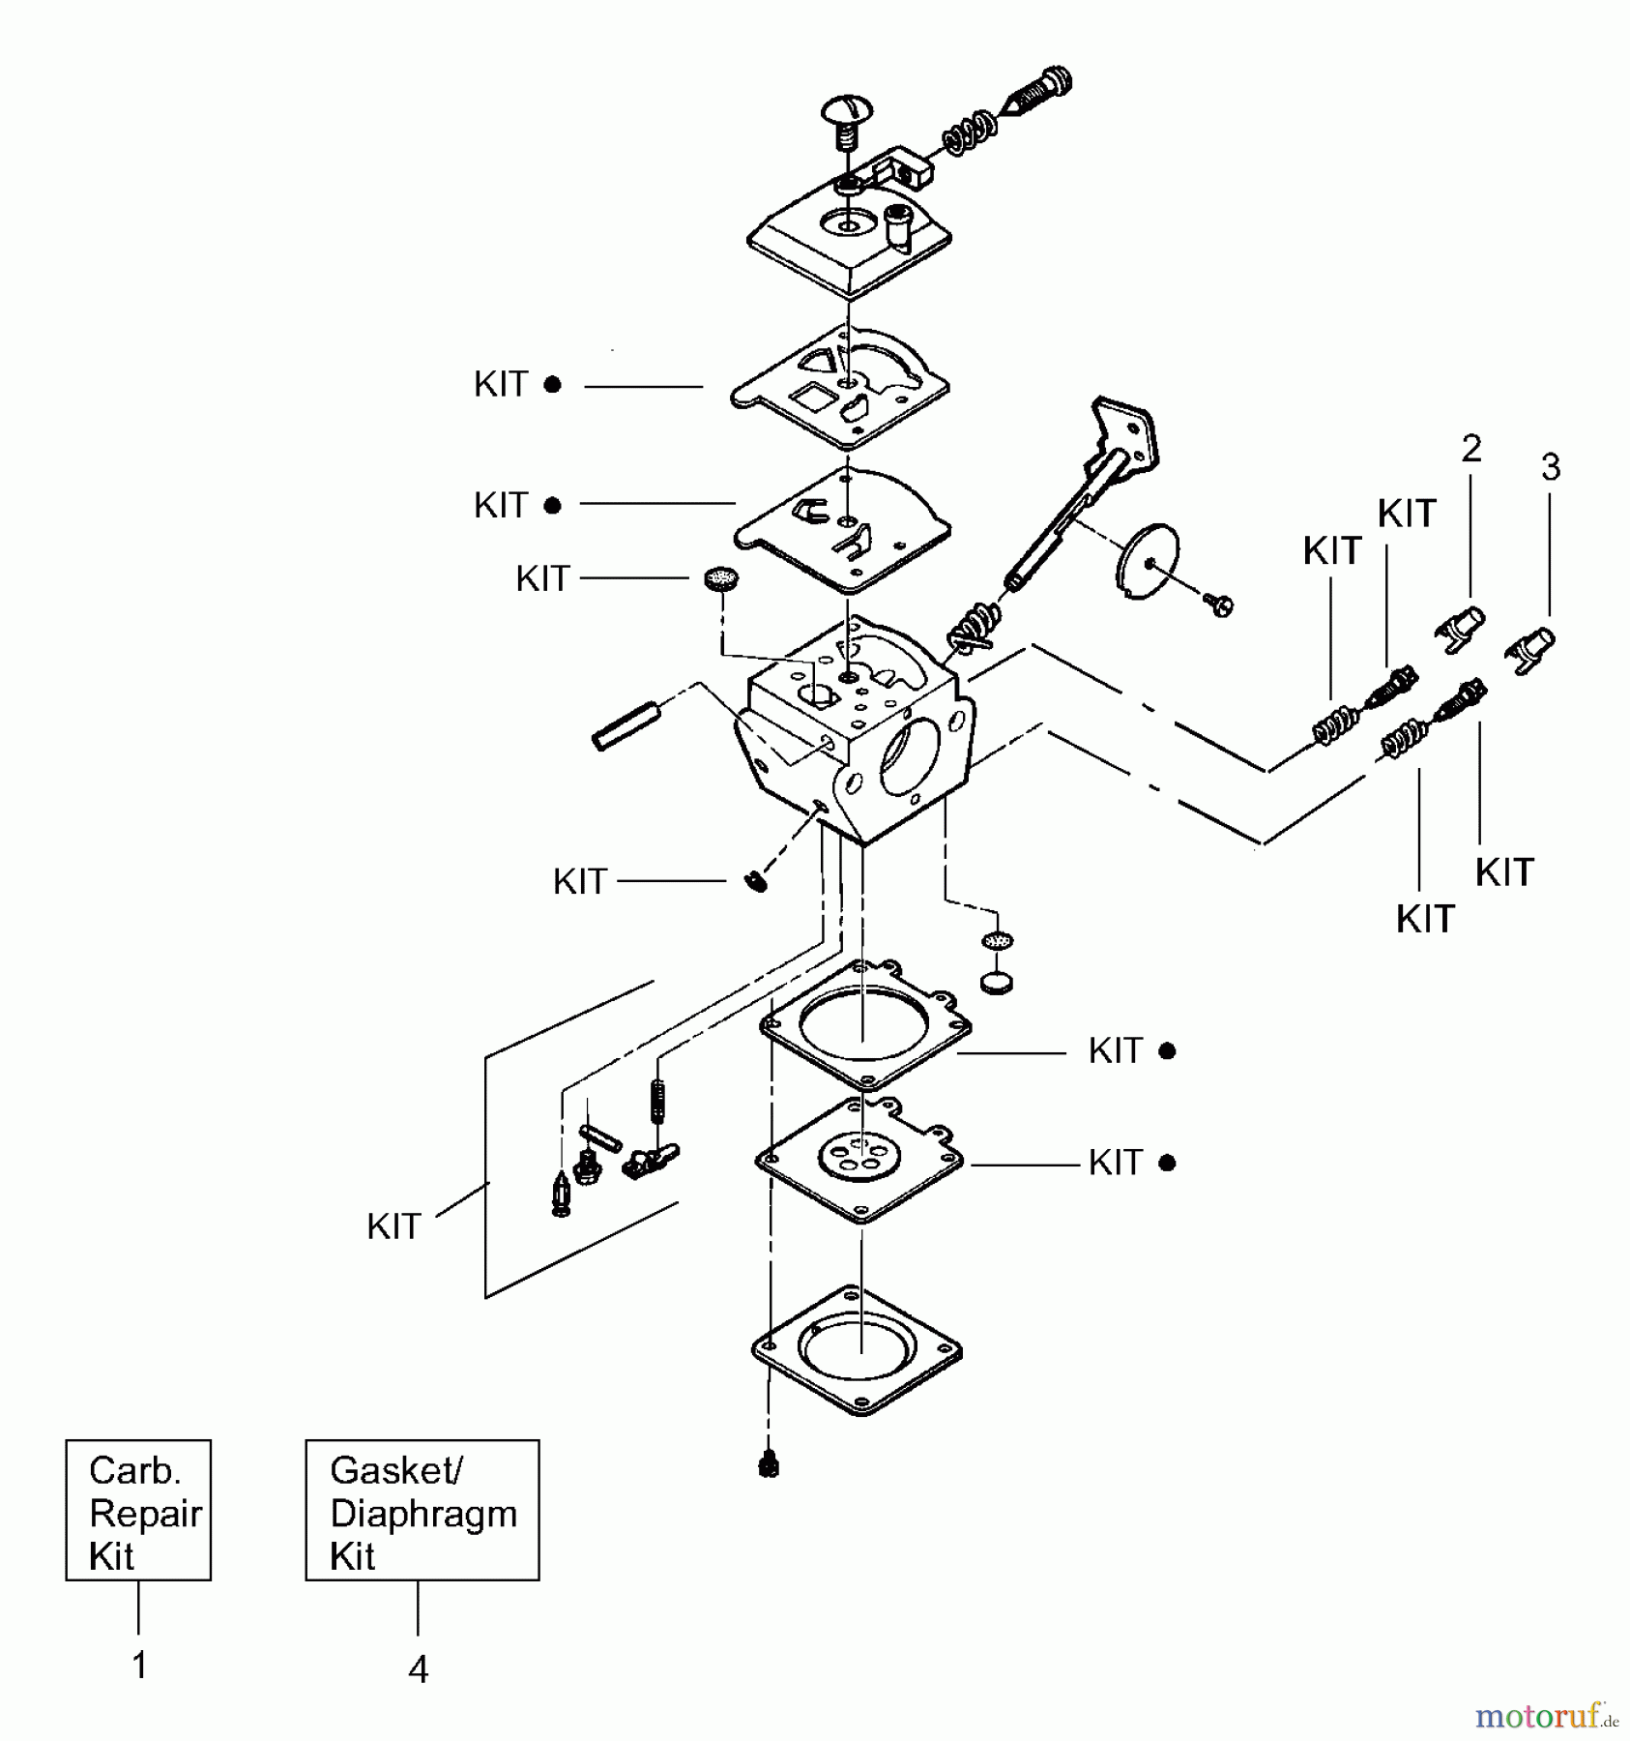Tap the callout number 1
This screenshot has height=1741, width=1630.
coord(139,1666)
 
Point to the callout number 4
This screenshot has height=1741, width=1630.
coord(418,1668)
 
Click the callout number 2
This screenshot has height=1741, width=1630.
coord(1470,449)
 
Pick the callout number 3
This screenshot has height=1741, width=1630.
coord(1551,467)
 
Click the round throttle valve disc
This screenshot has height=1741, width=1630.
coord(1148,560)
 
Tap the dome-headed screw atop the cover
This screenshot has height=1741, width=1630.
coord(847,119)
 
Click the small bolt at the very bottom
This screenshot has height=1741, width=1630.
coord(769,1465)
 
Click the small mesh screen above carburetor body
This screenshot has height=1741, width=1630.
coord(721,578)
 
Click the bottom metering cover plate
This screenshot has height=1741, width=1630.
coord(857,1350)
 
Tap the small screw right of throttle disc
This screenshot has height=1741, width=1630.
coord(1221,605)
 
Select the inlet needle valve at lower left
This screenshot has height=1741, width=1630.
coord(560,1195)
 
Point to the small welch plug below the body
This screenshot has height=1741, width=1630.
coord(998,982)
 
